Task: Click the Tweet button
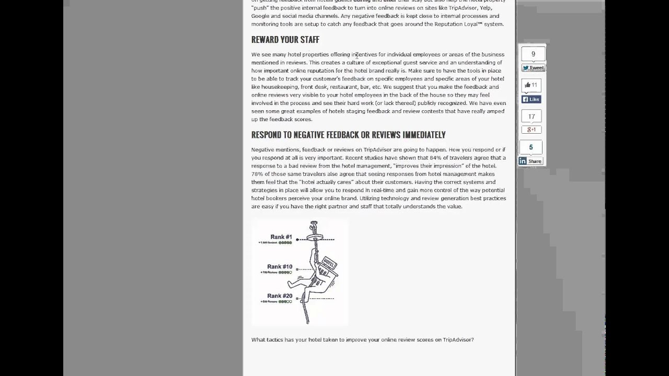[533, 68]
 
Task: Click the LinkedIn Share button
[531, 161]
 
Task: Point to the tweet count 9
[533, 54]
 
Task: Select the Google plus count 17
[532, 116]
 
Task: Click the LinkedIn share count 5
[531, 147]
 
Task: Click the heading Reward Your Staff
[285, 40]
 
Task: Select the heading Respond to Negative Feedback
[348, 135]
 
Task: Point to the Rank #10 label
[280, 267]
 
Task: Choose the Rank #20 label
[280, 296]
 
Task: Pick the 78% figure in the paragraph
[257, 174]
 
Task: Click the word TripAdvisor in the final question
[458, 340]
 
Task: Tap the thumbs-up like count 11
[531, 85]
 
